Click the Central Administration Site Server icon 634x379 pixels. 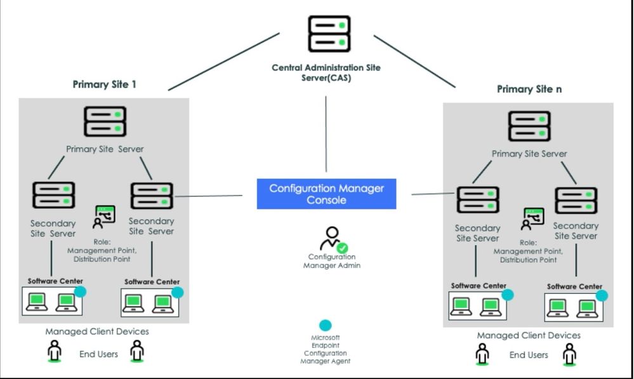pyautogui.click(x=329, y=34)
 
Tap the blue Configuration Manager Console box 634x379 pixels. pyautogui.click(x=326, y=194)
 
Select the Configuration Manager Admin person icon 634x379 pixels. pyautogui.click(x=331, y=239)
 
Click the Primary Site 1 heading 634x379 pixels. pyautogui.click(x=104, y=84)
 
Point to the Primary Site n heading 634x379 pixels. pyautogui.click(x=529, y=89)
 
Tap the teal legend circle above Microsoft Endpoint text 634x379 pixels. pyautogui.click(x=326, y=326)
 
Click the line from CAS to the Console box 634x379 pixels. pyautogui.click(x=326, y=133)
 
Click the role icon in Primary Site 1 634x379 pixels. pyautogui.click(x=105, y=216)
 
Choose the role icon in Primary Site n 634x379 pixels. pyautogui.click(x=532, y=219)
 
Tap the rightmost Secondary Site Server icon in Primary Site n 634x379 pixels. pyautogui.click(x=576, y=201)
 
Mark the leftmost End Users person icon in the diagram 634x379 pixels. pyautogui.click(x=55, y=351)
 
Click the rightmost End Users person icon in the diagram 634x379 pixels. pyautogui.click(x=570, y=354)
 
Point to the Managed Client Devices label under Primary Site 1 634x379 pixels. pyautogui.click(x=97, y=331)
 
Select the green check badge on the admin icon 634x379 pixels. pyautogui.click(x=342, y=248)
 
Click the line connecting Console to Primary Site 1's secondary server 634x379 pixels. pyautogui.click(x=209, y=196)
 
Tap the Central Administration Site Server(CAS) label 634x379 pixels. pyautogui.click(x=326, y=72)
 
